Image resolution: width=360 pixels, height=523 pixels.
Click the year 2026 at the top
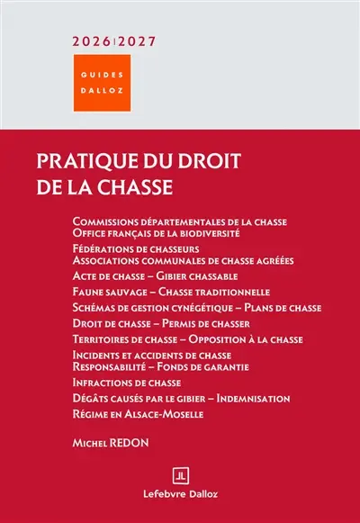[93, 41]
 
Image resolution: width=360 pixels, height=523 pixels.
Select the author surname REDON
[131, 445]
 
